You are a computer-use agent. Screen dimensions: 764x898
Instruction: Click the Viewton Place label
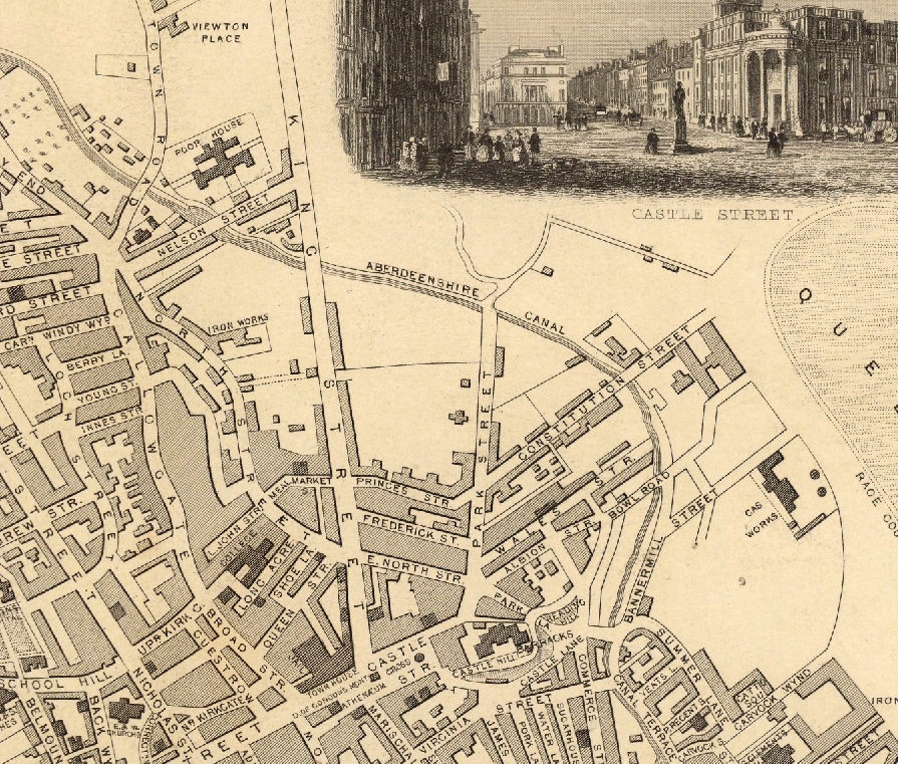(221, 32)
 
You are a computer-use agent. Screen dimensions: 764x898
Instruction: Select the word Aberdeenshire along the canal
(422, 279)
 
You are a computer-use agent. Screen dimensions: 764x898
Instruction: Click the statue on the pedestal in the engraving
(679, 116)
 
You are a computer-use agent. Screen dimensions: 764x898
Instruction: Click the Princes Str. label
(403, 490)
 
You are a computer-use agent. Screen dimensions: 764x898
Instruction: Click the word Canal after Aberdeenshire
(545, 322)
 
